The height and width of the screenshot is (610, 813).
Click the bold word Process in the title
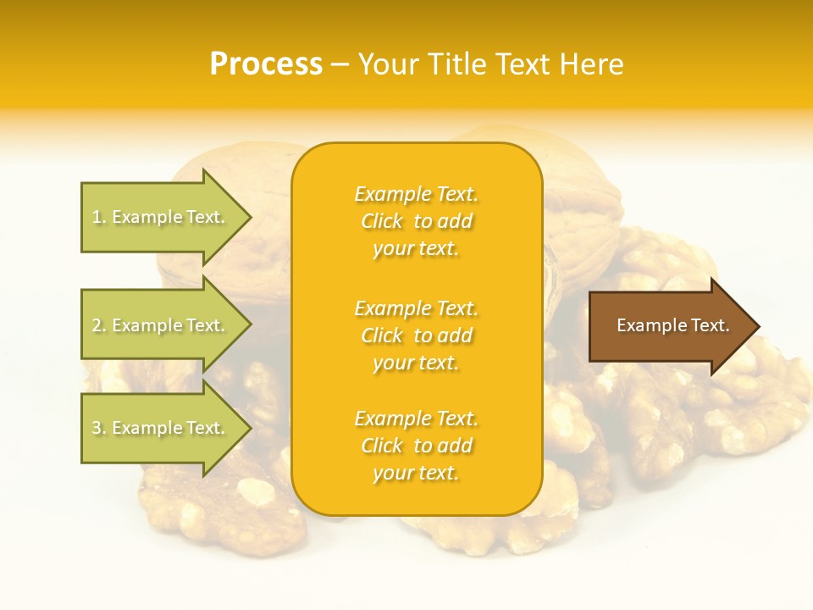[266, 64]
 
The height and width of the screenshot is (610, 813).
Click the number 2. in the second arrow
[99, 325]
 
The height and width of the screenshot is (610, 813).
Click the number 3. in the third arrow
[99, 428]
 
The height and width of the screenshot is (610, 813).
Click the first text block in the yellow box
[416, 221]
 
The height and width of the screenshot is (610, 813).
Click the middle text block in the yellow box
[416, 335]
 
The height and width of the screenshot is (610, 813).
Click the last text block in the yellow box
[416, 446]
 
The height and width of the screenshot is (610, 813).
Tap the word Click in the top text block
[382, 221]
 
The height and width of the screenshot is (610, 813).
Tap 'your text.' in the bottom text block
[416, 473]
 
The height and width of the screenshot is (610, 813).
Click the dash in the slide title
[340, 64]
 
